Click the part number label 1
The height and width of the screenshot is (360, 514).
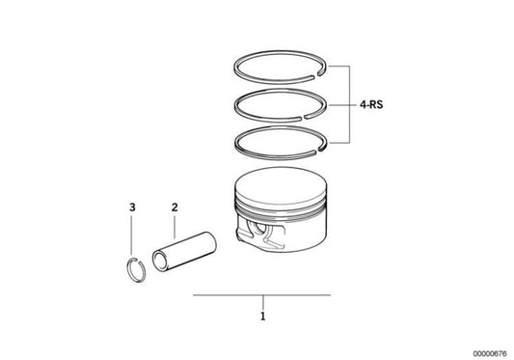coord(261,315)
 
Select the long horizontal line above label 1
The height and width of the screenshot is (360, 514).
coord(261,293)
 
